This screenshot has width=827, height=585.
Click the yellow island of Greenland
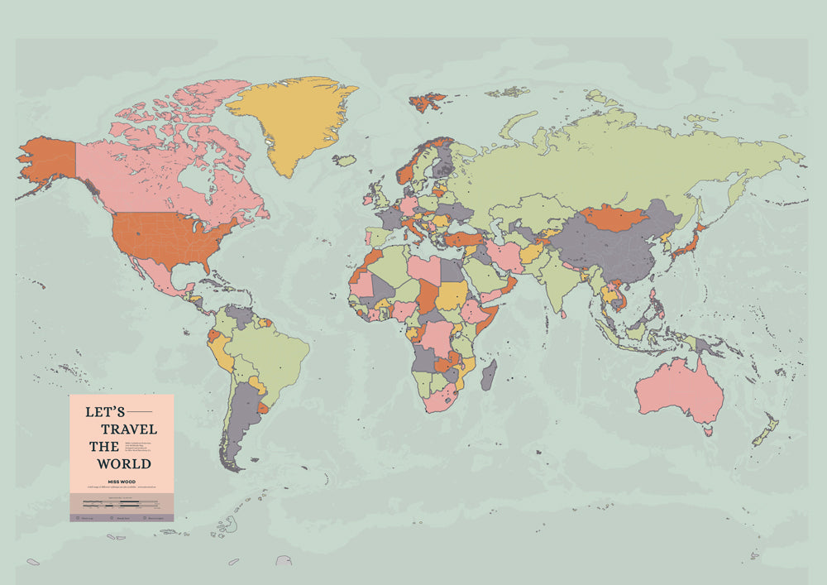point(289,120)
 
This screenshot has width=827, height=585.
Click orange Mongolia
point(613,218)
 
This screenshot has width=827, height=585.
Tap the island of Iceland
point(345,160)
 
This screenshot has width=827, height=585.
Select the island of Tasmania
point(707,429)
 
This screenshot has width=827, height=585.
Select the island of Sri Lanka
point(563,313)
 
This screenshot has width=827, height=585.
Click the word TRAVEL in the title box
point(128,429)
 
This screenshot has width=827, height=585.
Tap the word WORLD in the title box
point(123,463)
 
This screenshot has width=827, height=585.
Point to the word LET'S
point(105,411)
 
